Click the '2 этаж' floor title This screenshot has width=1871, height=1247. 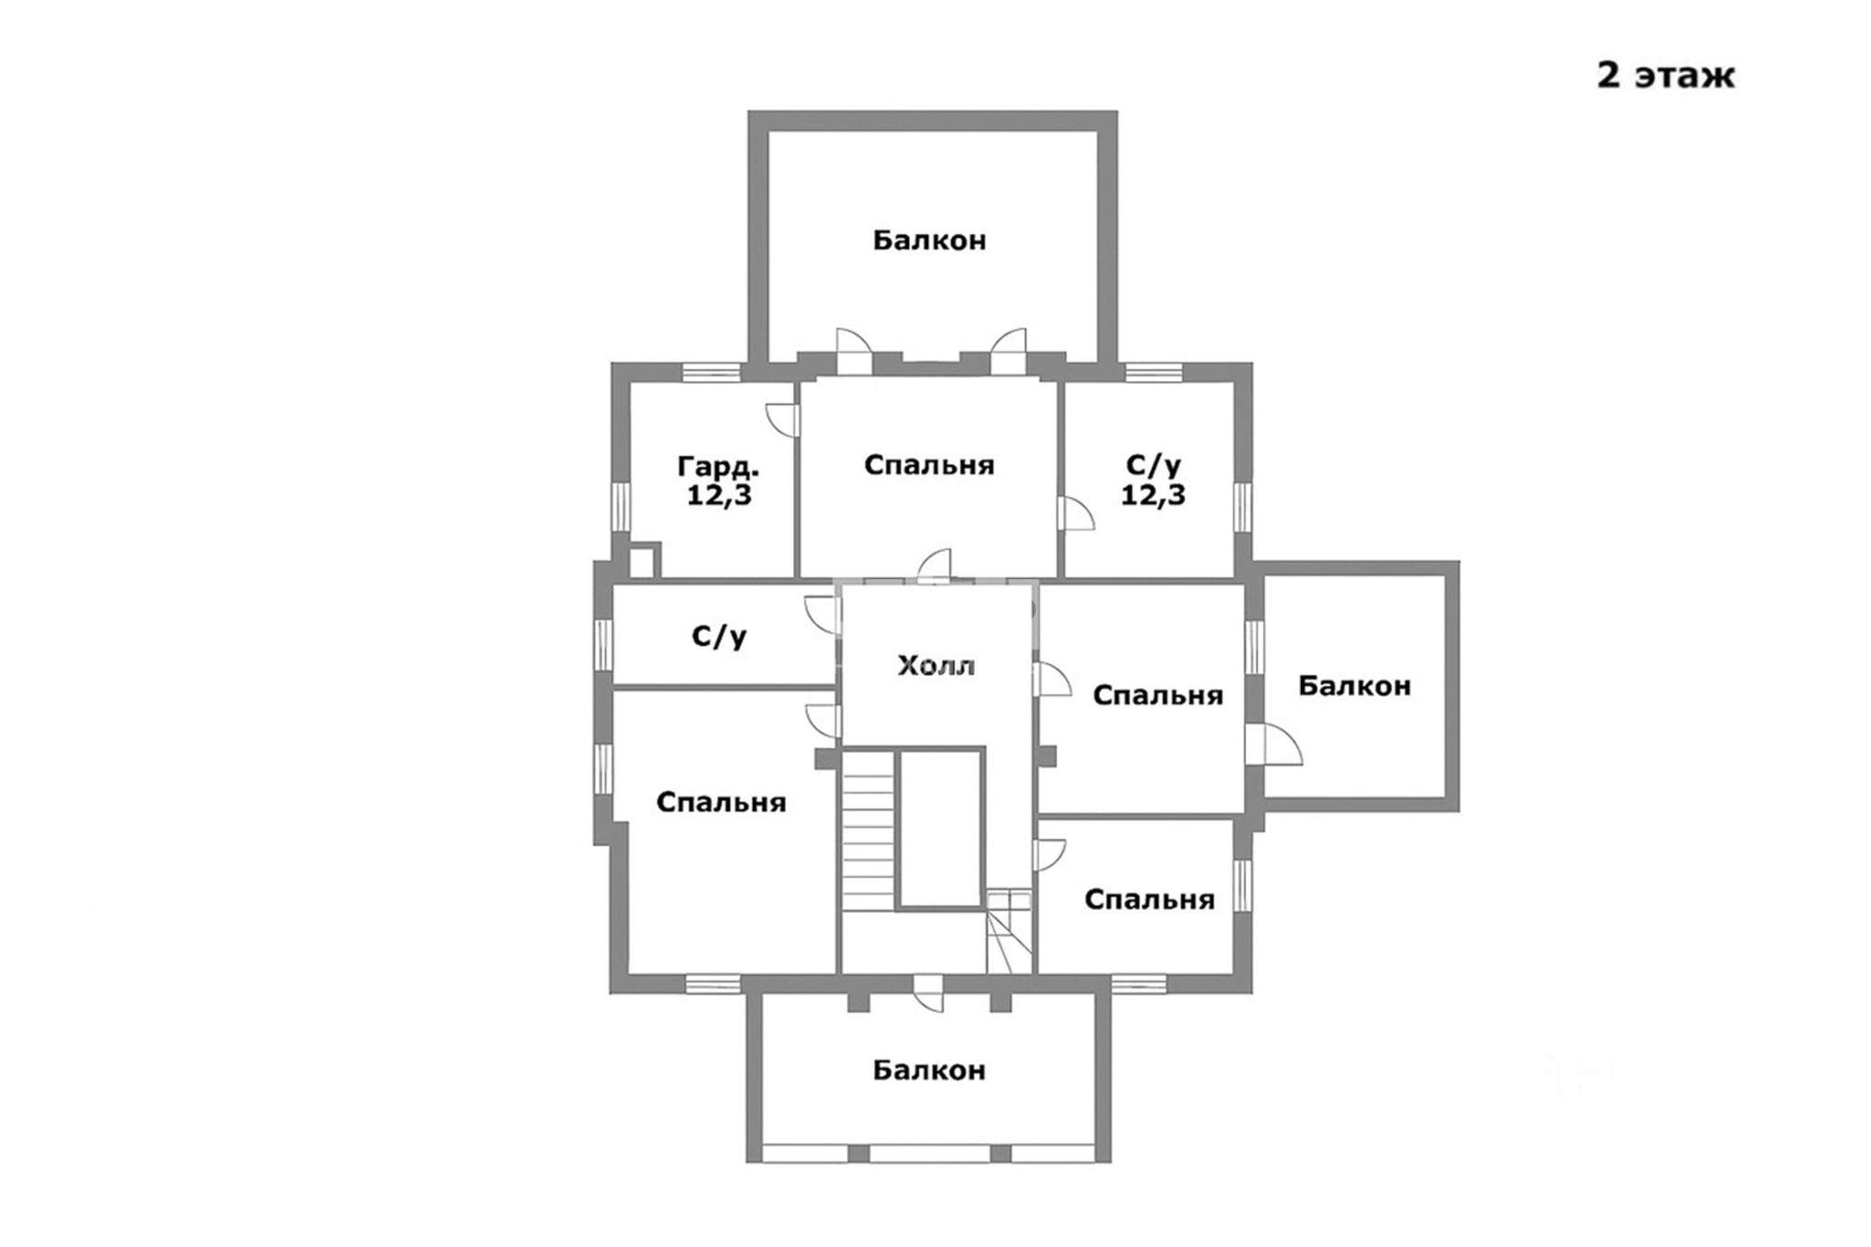point(1665,76)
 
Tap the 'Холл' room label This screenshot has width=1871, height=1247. point(936,665)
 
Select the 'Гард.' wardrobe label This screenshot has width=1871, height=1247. point(718,468)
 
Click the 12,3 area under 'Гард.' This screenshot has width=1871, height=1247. point(719,496)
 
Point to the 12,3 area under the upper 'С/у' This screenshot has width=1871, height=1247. point(1153,496)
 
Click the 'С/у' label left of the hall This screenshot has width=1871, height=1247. point(720,636)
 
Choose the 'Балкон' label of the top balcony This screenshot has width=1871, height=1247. point(929,240)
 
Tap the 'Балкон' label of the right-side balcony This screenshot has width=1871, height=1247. point(1354,685)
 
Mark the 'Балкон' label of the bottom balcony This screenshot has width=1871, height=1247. point(929,1070)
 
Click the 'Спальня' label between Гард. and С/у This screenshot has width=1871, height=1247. point(929,465)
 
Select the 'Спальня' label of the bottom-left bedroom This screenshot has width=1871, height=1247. point(721,802)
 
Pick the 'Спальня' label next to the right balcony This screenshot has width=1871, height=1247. point(1157,695)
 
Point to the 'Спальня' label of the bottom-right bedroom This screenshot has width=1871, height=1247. point(1149,900)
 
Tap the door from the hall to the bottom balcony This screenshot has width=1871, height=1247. point(929,993)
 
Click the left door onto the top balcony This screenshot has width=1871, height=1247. point(855,352)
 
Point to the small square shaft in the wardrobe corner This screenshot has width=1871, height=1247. point(643,561)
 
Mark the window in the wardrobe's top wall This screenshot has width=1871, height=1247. point(711,372)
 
